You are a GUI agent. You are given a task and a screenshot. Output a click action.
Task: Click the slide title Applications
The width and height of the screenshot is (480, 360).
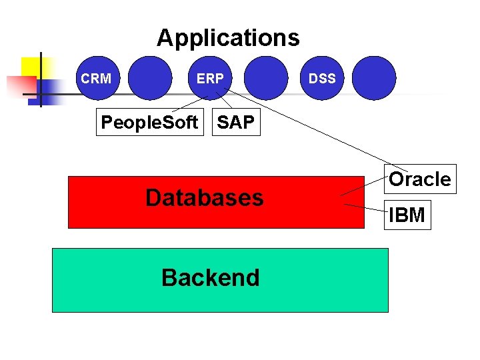(228, 37)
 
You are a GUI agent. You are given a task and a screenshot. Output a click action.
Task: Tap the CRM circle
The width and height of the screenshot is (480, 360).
(96, 78)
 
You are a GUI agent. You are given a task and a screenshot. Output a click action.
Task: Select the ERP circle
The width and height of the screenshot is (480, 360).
(210, 78)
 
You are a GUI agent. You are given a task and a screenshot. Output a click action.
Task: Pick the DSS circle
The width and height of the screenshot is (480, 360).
(322, 78)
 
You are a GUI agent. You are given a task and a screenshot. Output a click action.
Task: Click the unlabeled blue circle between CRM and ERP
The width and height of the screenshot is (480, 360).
(149, 78)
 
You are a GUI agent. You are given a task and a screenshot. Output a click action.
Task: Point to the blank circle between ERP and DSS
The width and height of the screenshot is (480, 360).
(266, 78)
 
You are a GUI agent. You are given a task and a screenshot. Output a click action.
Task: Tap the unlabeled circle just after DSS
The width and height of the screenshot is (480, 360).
(374, 78)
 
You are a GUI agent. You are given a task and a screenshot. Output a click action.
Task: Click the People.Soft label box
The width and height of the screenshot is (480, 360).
(149, 122)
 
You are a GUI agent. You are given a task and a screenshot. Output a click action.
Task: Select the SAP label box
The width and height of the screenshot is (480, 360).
(236, 122)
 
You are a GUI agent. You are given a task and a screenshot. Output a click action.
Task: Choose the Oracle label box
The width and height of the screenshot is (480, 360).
(419, 179)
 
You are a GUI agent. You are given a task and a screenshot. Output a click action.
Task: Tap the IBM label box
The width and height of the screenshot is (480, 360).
(407, 215)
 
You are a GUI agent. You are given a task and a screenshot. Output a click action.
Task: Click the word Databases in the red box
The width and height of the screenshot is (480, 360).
(204, 198)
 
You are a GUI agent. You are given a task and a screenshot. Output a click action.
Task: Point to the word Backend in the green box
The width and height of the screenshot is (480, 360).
(210, 277)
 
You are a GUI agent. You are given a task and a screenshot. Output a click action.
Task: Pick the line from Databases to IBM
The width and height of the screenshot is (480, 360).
(365, 209)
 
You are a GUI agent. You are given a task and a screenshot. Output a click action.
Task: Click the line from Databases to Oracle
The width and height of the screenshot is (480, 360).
(363, 186)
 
